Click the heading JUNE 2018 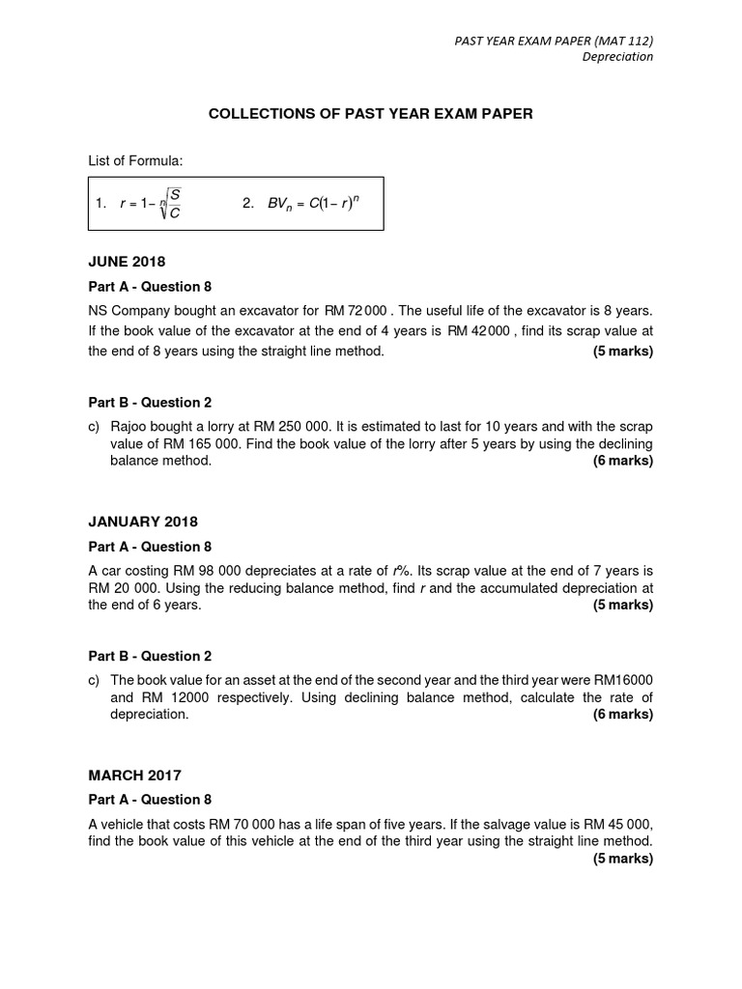point(127,262)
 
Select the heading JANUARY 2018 point(143,522)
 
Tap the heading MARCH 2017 point(134,775)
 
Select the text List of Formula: point(135,160)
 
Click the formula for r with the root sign point(151,203)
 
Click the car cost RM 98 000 point(209,570)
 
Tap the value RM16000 point(625,679)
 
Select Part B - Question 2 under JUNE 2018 point(150,403)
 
